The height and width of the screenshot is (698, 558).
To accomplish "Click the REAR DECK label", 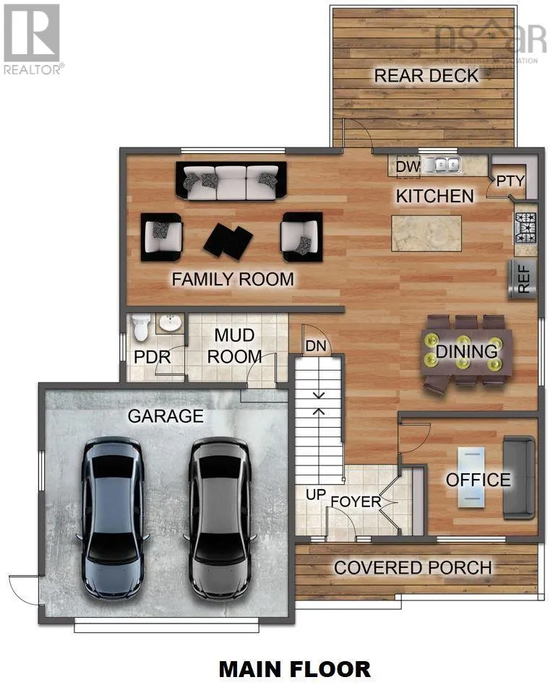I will (x=426, y=75).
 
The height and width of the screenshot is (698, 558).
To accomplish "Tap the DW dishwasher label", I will (x=408, y=167).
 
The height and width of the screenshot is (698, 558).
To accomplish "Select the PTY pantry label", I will (x=510, y=181).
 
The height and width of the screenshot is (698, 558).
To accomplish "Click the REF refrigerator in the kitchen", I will (x=524, y=278).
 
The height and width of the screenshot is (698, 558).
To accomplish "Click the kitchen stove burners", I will (x=525, y=228).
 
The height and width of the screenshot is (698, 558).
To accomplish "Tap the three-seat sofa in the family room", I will (x=231, y=181).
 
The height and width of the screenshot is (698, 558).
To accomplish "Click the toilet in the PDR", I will (x=141, y=329).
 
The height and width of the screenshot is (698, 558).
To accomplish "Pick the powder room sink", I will (x=171, y=324).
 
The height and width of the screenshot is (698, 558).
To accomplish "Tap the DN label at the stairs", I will (x=316, y=346).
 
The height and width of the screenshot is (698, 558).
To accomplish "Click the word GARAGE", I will (x=166, y=416).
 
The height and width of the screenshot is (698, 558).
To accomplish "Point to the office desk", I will (x=471, y=478).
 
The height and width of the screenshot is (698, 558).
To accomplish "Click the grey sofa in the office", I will (x=519, y=478).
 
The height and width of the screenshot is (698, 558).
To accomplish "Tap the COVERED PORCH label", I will (x=413, y=568).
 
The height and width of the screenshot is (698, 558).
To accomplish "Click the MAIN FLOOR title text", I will (x=295, y=669).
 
